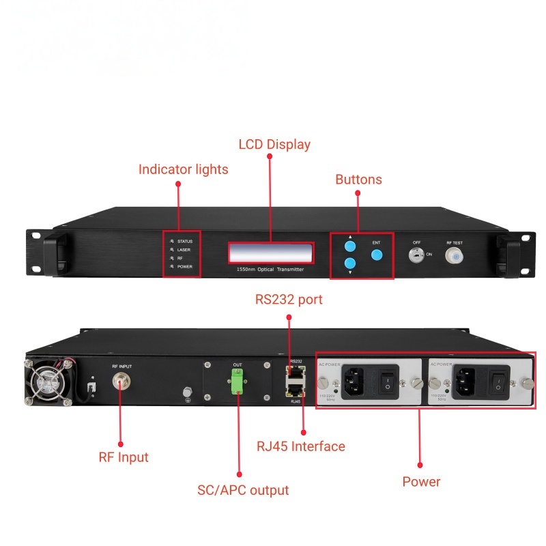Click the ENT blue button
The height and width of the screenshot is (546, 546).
click(x=376, y=255)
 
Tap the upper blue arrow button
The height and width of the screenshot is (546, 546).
click(x=350, y=246)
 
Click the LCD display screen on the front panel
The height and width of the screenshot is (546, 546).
click(x=271, y=253)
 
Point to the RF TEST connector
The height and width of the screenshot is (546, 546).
click(x=453, y=256)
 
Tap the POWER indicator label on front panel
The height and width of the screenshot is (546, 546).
click(x=185, y=267)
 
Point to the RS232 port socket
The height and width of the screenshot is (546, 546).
click(x=295, y=373)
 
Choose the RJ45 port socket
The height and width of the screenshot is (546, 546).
click(x=295, y=390)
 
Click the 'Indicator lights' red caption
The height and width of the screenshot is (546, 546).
click(x=183, y=169)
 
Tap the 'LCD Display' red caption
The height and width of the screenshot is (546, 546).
click(x=274, y=145)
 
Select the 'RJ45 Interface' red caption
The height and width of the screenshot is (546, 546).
click(x=301, y=447)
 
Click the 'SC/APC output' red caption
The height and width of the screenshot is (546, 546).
click(x=243, y=490)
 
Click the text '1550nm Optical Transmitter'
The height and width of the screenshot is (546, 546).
click(x=270, y=270)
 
